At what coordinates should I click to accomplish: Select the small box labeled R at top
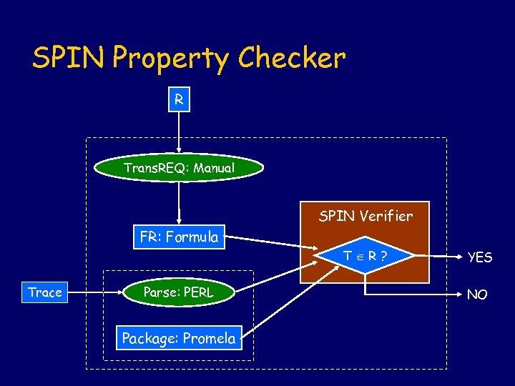[179, 100]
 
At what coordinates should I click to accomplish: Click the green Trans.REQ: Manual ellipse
[179, 168]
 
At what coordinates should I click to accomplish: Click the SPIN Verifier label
[366, 216]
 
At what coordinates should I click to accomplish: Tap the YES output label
[479, 257]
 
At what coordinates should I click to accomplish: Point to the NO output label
[477, 294]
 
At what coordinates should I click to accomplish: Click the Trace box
[45, 292]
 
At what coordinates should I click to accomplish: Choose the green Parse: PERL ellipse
[179, 292]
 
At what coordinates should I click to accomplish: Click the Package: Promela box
[179, 338]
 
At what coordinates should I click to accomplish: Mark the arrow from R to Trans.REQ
[179, 132]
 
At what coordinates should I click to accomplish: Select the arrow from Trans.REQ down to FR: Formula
[179, 204]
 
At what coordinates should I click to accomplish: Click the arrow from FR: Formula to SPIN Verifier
[272, 241]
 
